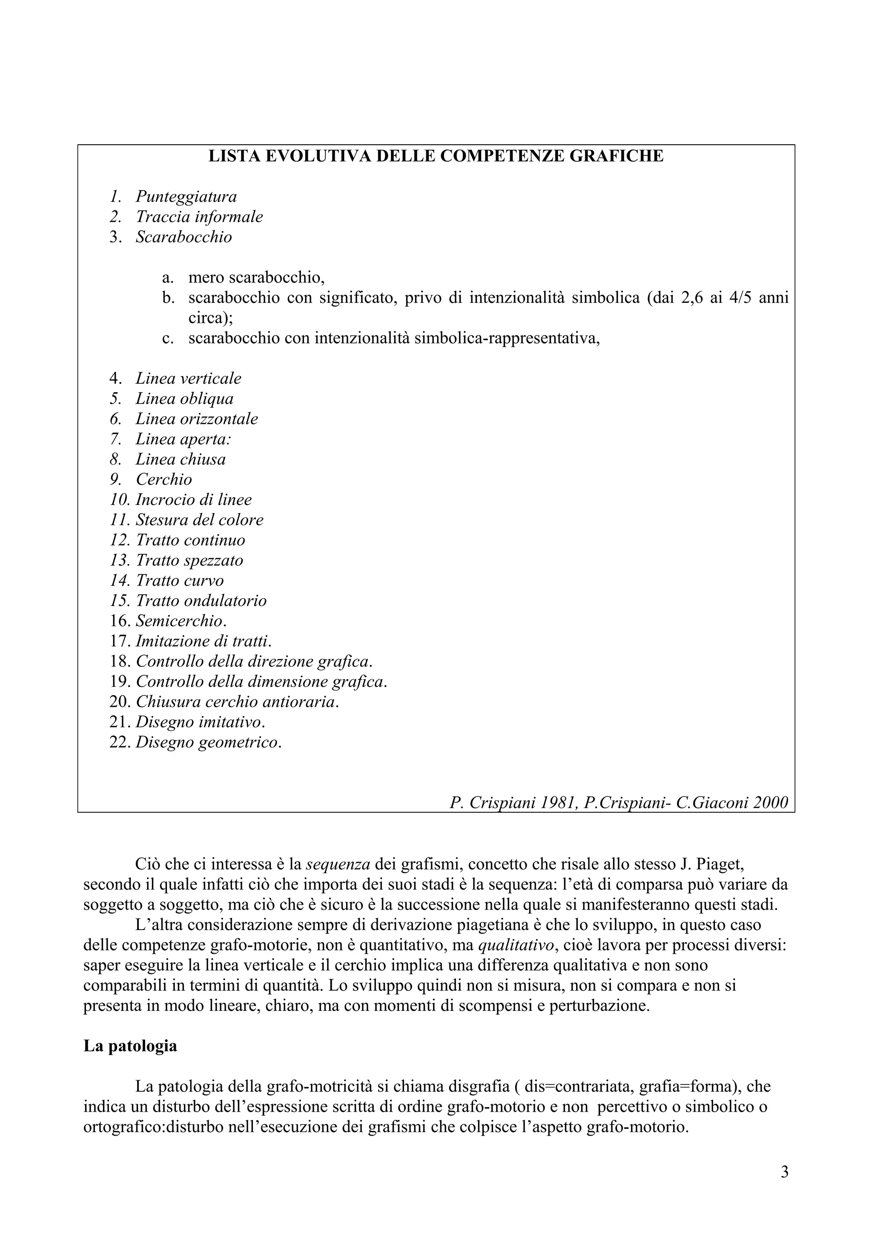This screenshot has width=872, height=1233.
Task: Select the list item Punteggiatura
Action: tap(186, 197)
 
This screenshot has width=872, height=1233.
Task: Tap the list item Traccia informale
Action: tap(199, 217)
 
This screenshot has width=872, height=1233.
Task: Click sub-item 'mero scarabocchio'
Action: tap(256, 278)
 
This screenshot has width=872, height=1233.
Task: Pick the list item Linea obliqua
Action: tap(184, 399)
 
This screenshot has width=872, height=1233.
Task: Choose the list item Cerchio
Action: tap(163, 479)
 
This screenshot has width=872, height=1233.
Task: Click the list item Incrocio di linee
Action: tap(193, 499)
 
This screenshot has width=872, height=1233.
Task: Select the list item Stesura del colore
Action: tap(199, 520)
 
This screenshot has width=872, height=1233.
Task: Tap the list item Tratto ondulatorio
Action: tap(201, 600)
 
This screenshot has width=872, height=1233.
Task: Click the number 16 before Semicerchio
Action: tap(120, 621)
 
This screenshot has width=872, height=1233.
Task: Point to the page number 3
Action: tap(784, 1187)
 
